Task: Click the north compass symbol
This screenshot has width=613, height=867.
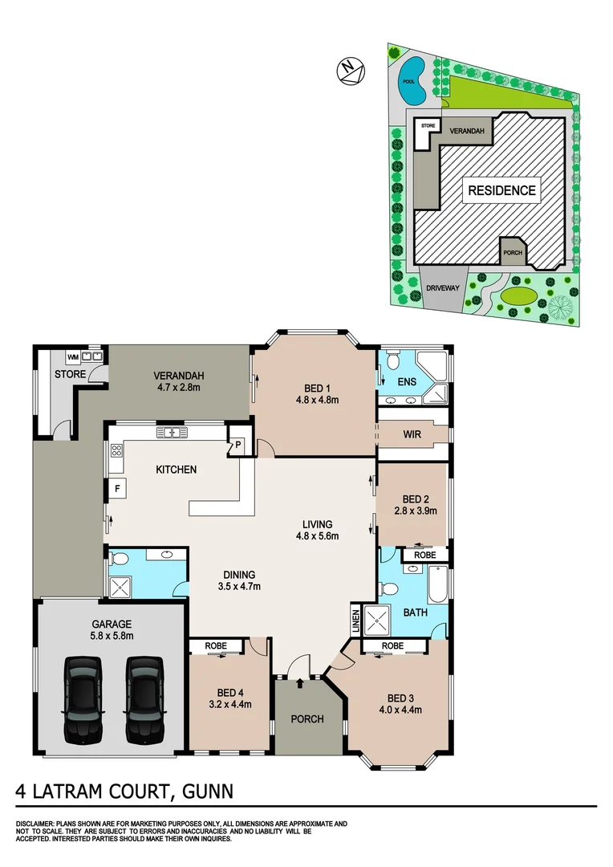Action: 351,72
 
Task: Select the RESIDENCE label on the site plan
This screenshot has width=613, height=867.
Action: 501,190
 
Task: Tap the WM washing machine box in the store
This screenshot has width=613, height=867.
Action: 72,356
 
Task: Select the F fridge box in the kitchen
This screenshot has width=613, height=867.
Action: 116,486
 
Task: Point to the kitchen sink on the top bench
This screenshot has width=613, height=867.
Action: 172,433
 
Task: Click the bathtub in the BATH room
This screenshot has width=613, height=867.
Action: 436,583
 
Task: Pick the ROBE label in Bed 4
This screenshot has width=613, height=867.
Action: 217,645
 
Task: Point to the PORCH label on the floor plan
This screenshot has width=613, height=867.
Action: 306,718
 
